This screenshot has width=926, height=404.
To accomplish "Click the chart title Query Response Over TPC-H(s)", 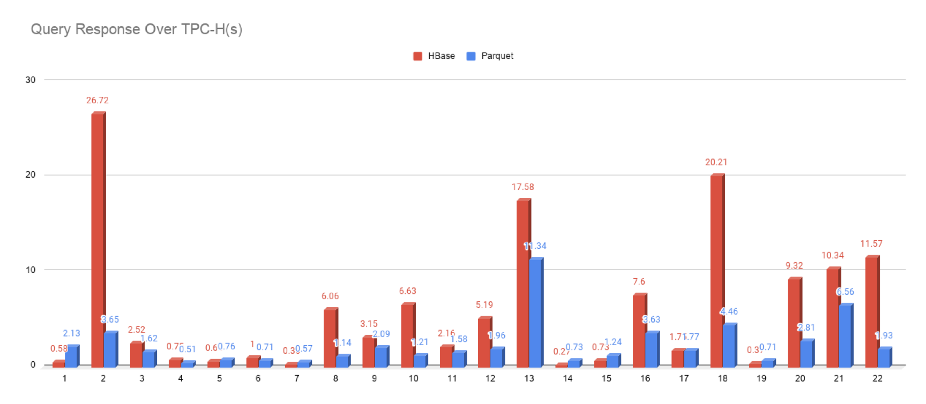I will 137,29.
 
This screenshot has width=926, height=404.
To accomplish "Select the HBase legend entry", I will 434,56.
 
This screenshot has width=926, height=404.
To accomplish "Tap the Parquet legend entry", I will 490,56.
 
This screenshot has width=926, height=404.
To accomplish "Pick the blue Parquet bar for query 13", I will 535,312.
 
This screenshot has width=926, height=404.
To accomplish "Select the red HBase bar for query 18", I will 716,270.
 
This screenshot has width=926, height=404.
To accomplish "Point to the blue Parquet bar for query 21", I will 845,336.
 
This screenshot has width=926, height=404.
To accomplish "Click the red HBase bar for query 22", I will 871,311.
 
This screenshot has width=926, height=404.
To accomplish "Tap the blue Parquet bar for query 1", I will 71,356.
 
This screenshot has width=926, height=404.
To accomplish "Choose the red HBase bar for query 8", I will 330,338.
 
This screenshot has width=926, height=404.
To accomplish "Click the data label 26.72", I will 98,100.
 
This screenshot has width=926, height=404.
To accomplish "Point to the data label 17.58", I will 522,187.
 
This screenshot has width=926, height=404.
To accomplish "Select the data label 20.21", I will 716,162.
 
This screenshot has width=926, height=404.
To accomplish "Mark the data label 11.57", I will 871,243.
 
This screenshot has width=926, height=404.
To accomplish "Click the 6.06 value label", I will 330,296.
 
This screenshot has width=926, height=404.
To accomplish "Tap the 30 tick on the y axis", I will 31,80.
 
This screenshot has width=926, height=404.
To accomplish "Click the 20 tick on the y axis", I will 31,175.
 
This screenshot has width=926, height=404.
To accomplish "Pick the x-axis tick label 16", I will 645,378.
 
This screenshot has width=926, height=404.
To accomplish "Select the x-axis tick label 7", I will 297,378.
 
